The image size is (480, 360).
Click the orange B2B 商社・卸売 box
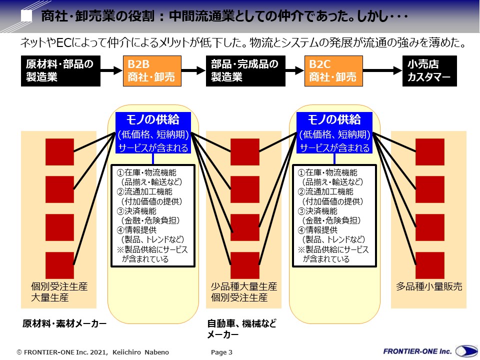coord(151,71)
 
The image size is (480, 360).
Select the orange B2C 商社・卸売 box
coord(333,71)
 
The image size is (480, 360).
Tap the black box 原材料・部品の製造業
coord(60,71)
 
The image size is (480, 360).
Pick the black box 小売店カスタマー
coord(429,71)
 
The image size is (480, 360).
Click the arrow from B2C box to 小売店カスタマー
coord(382,71)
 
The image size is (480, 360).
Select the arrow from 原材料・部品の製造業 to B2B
coord(111,71)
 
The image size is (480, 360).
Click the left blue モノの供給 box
coord(153,133)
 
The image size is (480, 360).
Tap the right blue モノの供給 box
coord(334,133)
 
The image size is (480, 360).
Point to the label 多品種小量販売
coord(429,287)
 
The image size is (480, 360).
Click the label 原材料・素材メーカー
coord(64,323)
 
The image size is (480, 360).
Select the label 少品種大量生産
coord(244,287)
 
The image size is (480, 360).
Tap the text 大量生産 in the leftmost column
coord(50,298)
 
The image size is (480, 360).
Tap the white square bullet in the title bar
coord(28,16)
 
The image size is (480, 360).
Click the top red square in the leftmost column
coord(59,151)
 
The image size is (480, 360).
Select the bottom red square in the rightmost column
coord(429,265)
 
